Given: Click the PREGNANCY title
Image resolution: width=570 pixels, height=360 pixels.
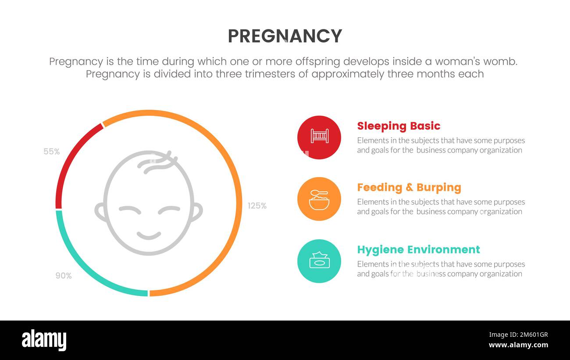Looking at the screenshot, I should pyautogui.click(x=285, y=36).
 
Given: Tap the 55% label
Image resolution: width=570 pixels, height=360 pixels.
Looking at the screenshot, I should pyautogui.click(x=51, y=152).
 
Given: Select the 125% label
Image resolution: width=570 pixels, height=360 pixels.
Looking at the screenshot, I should pyautogui.click(x=257, y=206).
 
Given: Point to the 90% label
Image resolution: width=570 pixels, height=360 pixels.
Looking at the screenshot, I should pyautogui.click(x=64, y=276).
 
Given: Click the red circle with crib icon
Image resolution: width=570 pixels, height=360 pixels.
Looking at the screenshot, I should pyautogui.click(x=319, y=137).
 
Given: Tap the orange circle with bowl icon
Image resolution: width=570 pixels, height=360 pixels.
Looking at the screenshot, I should pyautogui.click(x=319, y=199).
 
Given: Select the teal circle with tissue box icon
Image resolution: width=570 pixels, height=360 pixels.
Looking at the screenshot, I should pyautogui.click(x=319, y=261).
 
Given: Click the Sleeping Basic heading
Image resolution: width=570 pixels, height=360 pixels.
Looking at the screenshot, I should pyautogui.click(x=398, y=126).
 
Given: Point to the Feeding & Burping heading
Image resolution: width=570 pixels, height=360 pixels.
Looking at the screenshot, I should pyautogui.click(x=409, y=188).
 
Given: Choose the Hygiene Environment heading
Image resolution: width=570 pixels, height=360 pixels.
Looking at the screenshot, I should pyautogui.click(x=418, y=250).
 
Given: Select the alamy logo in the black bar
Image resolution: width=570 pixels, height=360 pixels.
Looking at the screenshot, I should pyautogui.click(x=44, y=340).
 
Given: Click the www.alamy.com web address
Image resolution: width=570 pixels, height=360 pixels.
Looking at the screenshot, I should pyautogui.click(x=518, y=345).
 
